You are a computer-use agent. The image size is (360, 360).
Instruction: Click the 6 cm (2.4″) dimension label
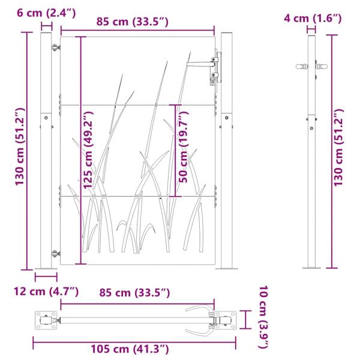point(46,13)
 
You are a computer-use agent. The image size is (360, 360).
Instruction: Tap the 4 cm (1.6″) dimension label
point(313,19)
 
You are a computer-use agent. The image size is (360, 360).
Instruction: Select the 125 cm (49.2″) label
point(89,150)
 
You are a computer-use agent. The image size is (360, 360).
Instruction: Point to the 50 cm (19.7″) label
point(184,147)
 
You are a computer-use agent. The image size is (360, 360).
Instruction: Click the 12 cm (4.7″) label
point(46,292)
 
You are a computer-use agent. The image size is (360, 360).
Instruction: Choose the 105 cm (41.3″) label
point(130,349)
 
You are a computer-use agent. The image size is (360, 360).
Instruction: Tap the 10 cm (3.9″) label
point(263,317)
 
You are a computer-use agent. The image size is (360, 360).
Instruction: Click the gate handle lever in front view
point(200,64)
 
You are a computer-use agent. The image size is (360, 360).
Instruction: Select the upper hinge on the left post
point(56,47)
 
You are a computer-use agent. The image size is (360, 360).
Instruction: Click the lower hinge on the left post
point(56,254)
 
